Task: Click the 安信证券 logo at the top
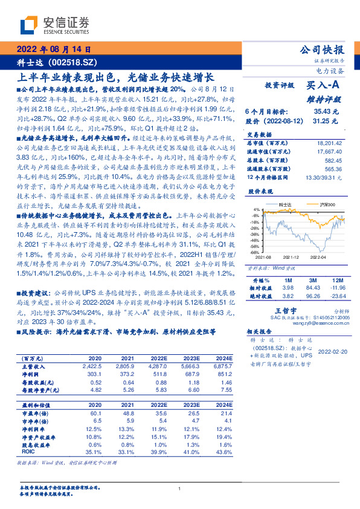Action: pyautogui.click(x=55, y=25)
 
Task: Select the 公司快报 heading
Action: pyautogui.click(x=323, y=50)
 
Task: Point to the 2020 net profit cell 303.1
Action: pyautogui.click(x=95, y=374)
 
